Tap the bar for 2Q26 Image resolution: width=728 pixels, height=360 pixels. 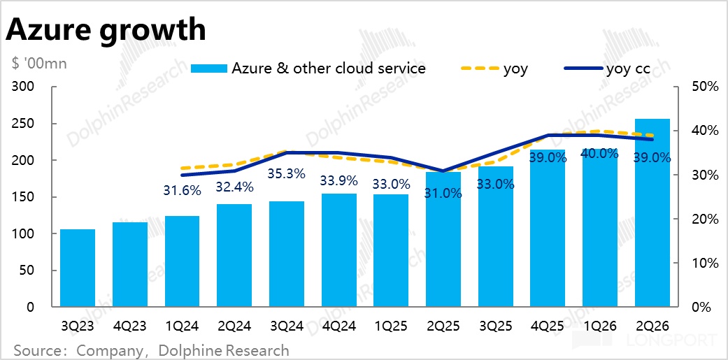coord(652,213)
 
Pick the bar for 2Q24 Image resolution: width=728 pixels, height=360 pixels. coord(234,255)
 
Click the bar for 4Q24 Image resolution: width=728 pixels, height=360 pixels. coord(338,250)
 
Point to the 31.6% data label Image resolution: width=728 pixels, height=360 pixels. coord(182,190)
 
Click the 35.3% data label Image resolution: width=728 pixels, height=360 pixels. coord(286,173)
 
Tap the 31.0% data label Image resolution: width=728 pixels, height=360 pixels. coord(443,194)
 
